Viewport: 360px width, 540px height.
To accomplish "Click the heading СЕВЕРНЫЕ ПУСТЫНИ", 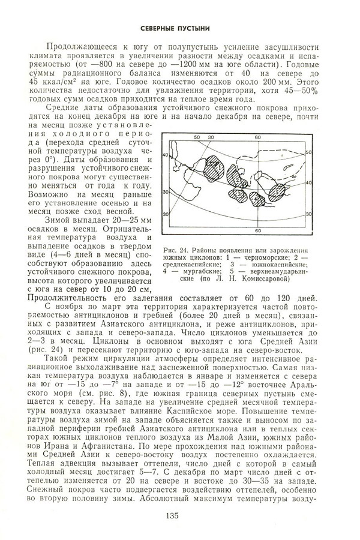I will [x=179, y=27].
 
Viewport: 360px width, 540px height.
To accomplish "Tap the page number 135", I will [x=179, y=513].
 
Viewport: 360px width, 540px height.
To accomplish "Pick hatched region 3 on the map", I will [x=238, y=195].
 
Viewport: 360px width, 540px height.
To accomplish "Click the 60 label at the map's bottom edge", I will [x=257, y=230].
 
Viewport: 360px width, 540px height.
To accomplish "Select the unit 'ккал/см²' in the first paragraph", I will [x=55, y=79].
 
